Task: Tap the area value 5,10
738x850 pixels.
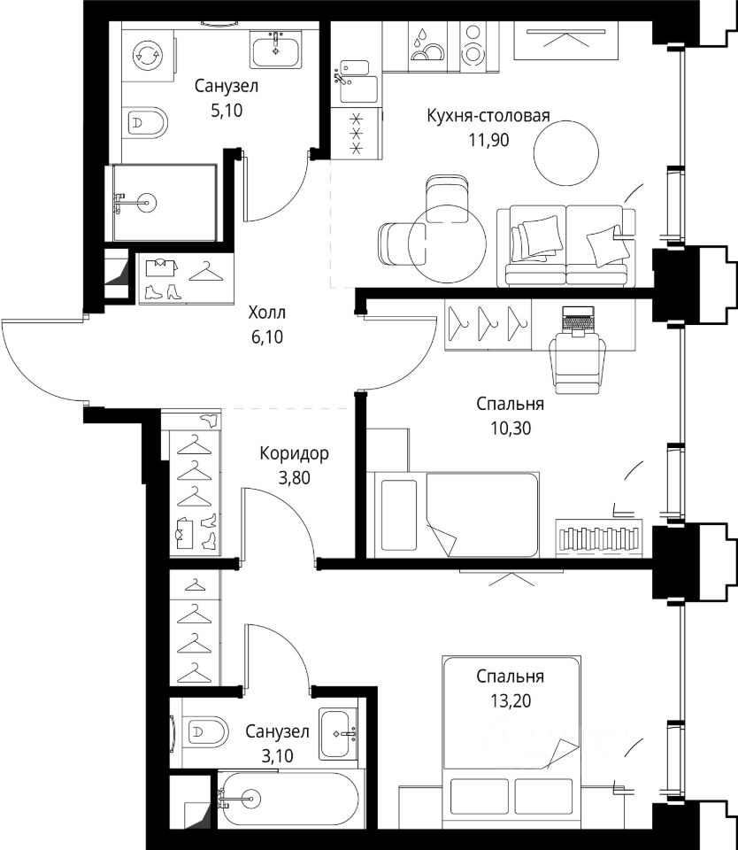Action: point(227,111)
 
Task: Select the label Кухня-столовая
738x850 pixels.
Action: point(488,115)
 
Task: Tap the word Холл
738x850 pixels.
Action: point(266,313)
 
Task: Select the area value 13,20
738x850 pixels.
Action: point(511,701)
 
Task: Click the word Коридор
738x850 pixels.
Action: point(294,453)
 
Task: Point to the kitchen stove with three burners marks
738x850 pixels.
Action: point(356,134)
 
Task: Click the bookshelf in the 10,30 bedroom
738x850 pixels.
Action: point(599,537)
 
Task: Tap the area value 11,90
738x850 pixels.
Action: point(488,141)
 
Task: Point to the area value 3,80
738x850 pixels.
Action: point(294,477)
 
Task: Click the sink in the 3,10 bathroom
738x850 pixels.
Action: point(338,733)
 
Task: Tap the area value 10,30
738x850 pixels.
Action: point(511,429)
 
